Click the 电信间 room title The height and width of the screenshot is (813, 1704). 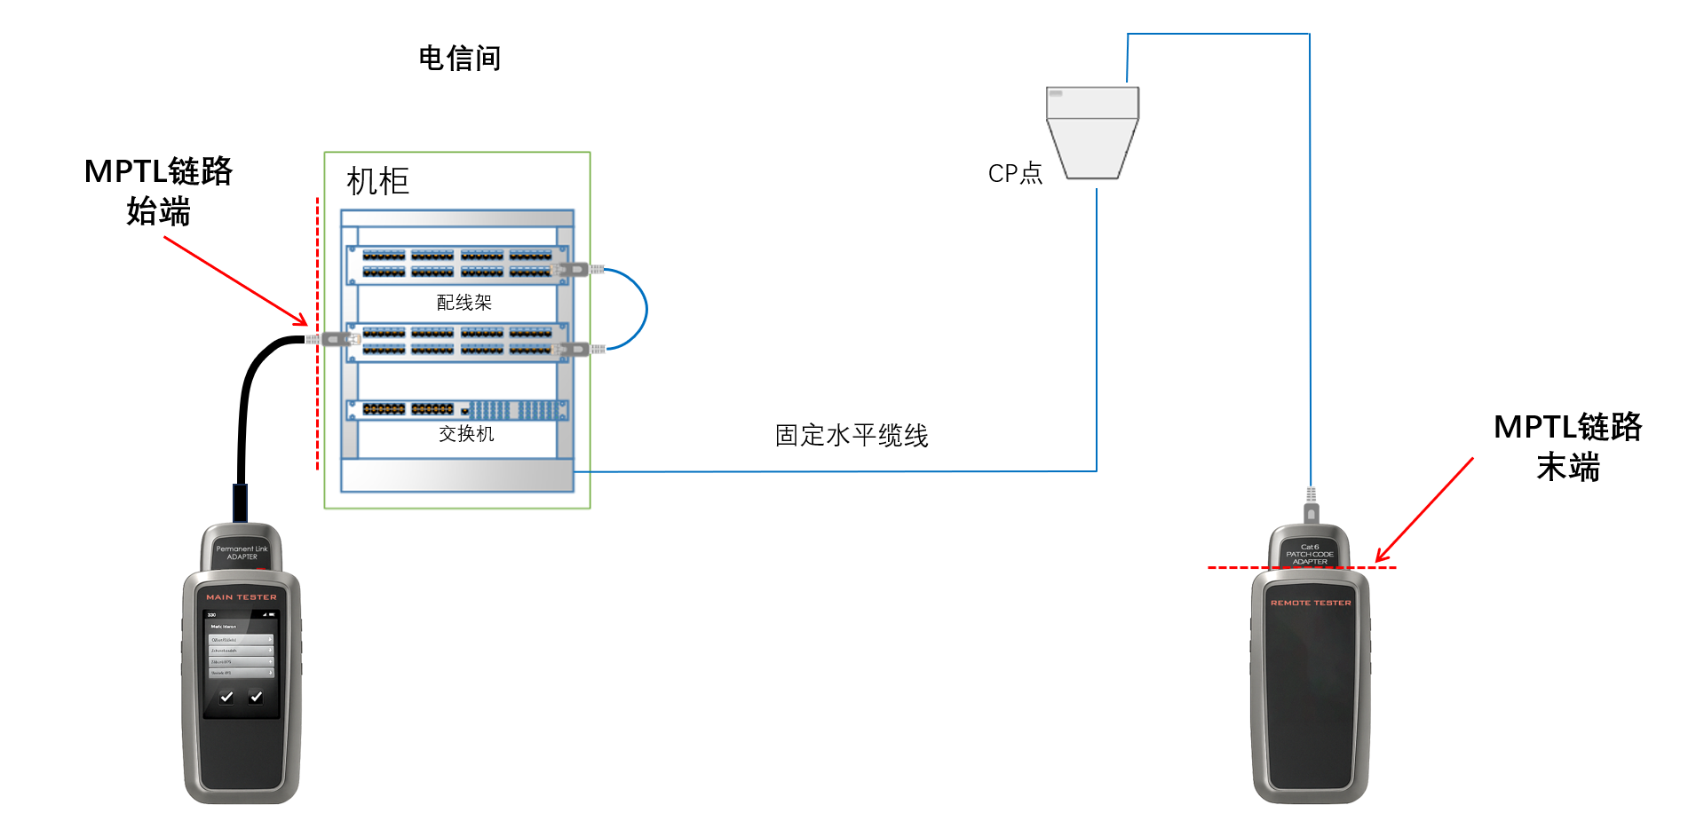coord(459,59)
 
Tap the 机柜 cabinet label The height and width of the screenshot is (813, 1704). coord(377,182)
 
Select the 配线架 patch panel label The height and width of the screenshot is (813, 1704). coord(464,303)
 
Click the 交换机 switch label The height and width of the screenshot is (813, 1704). coord(466,434)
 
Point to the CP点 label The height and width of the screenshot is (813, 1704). coord(1015,173)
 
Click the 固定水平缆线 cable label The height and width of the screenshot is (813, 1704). coord(851,436)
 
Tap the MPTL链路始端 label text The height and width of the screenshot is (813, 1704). coord(158,191)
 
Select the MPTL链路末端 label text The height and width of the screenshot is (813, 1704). coord(1567,446)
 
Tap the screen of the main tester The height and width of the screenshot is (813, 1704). coord(242,661)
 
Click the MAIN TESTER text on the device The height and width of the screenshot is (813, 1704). coord(242,597)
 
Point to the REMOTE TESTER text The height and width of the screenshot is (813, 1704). coord(1311,603)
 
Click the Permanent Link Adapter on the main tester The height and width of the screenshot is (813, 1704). coord(242,550)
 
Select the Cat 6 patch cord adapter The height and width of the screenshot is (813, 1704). coord(1310,552)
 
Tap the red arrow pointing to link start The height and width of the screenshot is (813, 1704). coord(235,280)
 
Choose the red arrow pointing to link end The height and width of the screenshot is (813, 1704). coord(1424,510)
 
